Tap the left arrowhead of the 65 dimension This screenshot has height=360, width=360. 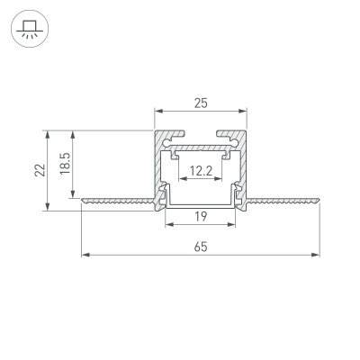click(85, 256)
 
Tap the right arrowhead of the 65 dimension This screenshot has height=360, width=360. click(317, 256)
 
